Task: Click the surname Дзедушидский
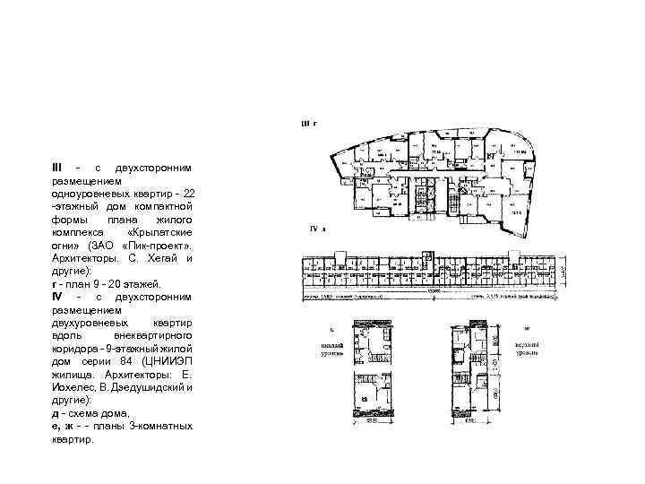[x=147, y=387]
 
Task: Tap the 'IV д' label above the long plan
[x=317, y=230]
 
